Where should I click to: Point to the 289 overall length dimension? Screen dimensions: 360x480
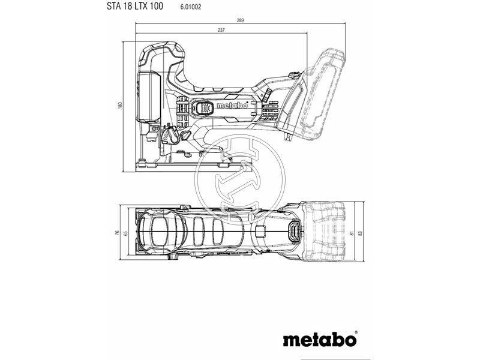pos(241,21)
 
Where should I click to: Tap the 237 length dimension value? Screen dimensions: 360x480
pos(222,30)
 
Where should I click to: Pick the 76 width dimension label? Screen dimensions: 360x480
pos(118,233)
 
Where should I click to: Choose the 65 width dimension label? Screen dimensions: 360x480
pos(126,233)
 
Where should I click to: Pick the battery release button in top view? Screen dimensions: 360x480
pos(295,231)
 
